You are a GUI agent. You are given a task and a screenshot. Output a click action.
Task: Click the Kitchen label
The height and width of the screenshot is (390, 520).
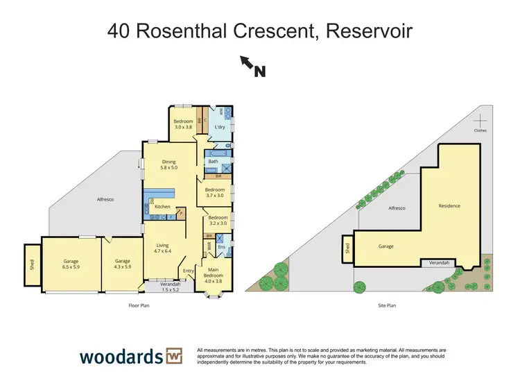click(x=162, y=207)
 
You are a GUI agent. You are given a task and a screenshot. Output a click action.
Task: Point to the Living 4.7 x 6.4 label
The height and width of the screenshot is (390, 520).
click(x=163, y=247)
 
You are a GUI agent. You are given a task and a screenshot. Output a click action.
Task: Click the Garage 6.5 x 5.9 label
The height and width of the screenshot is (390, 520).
click(x=71, y=264)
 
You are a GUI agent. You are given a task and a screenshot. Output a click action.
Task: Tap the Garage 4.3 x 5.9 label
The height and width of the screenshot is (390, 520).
click(x=123, y=264)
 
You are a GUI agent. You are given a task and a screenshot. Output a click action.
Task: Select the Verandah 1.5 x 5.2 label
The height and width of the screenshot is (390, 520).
click(x=170, y=287)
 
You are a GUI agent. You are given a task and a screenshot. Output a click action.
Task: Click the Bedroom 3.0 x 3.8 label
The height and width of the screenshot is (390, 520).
click(x=183, y=125)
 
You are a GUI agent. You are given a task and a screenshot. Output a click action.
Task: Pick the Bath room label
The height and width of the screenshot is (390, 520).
click(x=213, y=161)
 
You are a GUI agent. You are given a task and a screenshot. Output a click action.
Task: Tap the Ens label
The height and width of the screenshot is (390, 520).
click(x=221, y=246)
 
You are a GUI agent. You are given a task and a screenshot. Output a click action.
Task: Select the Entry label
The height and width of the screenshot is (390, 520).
click(x=187, y=270)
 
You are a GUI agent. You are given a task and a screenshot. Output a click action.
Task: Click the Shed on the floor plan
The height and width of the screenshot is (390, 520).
click(x=31, y=264)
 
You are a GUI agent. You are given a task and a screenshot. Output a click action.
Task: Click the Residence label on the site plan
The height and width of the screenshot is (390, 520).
click(x=449, y=205)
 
